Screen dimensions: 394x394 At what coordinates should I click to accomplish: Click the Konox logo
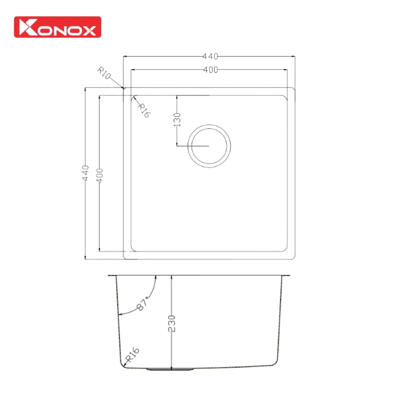coord(57,27)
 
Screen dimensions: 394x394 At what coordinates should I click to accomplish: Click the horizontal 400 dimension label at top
coord(210,70)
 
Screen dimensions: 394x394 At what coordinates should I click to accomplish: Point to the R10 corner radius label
coord(104,73)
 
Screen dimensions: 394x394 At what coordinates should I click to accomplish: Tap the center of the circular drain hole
coord(209,145)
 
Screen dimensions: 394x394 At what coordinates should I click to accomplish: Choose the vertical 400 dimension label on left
coord(99,175)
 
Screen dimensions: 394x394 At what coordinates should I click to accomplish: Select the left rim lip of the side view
coord(112,276)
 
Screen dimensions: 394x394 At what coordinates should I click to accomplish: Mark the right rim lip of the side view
coord(286,276)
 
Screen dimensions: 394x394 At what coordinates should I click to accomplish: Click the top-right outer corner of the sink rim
coord(294,88)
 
